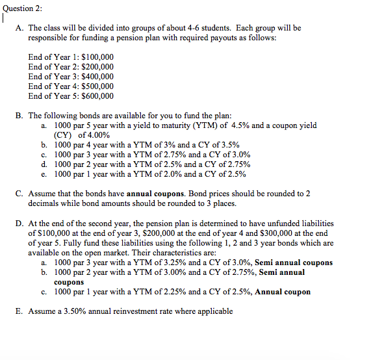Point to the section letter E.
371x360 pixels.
[x=19, y=311]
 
